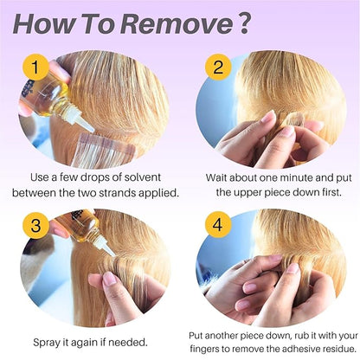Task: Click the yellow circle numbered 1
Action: pyautogui.click(x=35, y=67)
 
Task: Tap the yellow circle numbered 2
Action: pyautogui.click(x=218, y=67)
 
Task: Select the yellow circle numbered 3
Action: pyautogui.click(x=35, y=226)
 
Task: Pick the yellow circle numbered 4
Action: pyautogui.click(x=218, y=225)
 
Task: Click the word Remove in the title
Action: pyautogui.click(x=177, y=24)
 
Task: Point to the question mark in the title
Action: pyautogui.click(x=244, y=23)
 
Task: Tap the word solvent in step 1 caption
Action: pyautogui.click(x=142, y=177)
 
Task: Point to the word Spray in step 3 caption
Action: pyautogui.click(x=47, y=344)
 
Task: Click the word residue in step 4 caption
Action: pyautogui.click(x=339, y=349)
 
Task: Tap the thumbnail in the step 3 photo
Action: pyautogui.click(x=109, y=279)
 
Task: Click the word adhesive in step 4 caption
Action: pyautogui.click(x=301, y=349)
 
